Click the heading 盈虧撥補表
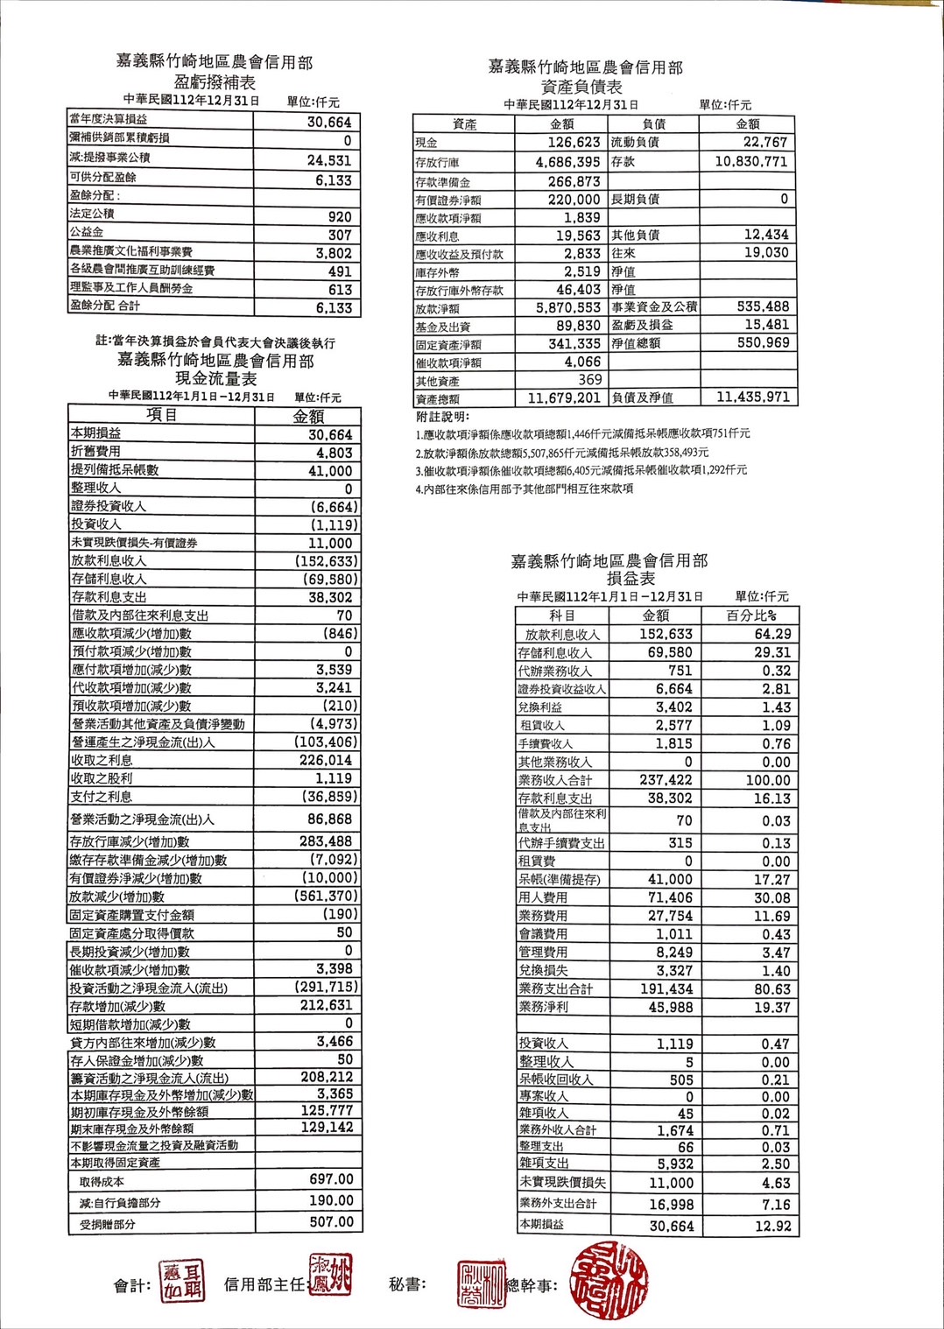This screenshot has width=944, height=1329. coord(215,82)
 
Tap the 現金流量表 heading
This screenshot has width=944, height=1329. coord(215,378)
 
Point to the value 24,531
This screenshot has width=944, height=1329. coord(329,160)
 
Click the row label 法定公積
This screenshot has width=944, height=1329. coord(92,214)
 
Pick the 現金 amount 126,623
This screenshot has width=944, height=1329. coord(574,143)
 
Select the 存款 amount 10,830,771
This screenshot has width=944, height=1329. coord(750,162)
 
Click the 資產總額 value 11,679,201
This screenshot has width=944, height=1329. coord(564,398)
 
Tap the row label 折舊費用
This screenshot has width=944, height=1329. coord(96,452)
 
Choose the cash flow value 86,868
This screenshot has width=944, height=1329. coord(329,819)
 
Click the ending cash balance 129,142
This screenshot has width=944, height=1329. coord(327,1128)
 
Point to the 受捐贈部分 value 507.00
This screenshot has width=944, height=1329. coord(331,1222)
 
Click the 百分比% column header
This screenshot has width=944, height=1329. coord(751,615)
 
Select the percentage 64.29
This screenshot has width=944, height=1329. coord(772,634)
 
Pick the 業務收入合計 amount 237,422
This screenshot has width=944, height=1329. coord(666,780)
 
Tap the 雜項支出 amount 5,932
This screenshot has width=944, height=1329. coord(675,1164)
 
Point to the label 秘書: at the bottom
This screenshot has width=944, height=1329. coord(407,1284)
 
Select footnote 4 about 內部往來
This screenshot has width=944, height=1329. coord(525,489)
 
